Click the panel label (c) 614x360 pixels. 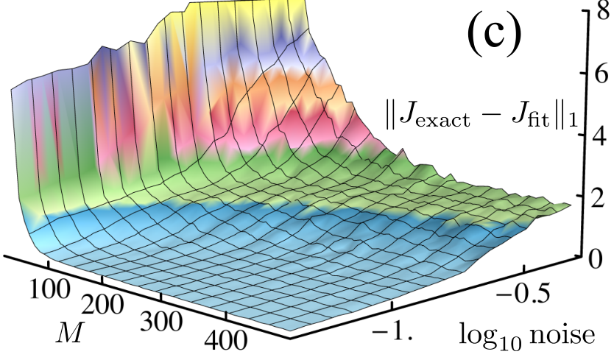point(494,32)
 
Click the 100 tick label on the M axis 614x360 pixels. point(50,290)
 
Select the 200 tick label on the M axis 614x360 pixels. point(102,305)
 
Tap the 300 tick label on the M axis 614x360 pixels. point(161,322)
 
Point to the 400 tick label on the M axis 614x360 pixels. point(226,339)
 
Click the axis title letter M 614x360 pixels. point(70,333)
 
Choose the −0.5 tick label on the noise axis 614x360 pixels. point(523,294)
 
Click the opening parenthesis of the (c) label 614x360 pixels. point(474,32)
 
